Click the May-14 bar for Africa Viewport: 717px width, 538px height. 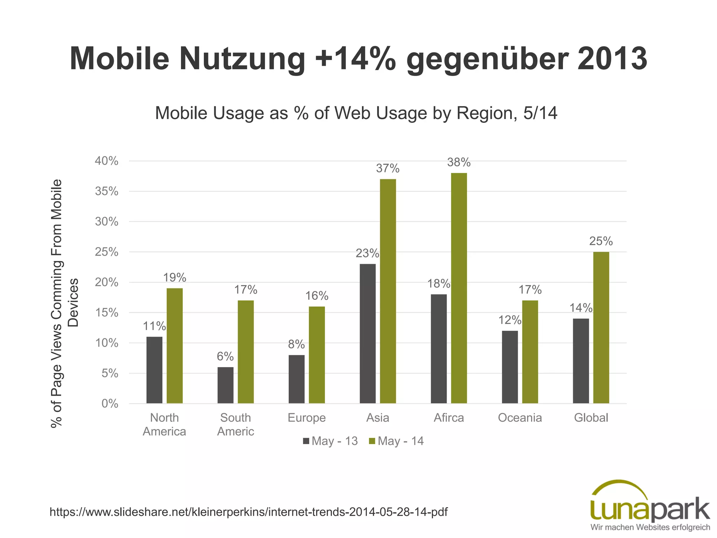(x=459, y=288)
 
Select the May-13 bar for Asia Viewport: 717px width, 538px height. (x=368, y=333)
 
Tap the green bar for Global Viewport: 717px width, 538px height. (x=601, y=327)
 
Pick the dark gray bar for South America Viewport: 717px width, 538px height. (x=225, y=385)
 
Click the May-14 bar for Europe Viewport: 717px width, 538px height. (x=317, y=355)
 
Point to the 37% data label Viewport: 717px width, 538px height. (x=388, y=168)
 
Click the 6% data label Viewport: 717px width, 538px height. (x=225, y=357)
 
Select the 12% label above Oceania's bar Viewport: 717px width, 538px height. (x=510, y=320)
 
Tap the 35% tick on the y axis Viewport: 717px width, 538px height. (x=106, y=191)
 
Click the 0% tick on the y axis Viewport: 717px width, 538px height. (x=110, y=404)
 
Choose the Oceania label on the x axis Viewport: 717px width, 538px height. (x=520, y=418)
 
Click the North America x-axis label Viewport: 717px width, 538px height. (x=164, y=425)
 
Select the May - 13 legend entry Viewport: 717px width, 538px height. (x=330, y=441)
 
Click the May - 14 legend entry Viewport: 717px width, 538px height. (x=397, y=441)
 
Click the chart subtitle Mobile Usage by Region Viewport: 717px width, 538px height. (x=356, y=113)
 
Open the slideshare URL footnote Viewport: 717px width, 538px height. (x=248, y=512)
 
